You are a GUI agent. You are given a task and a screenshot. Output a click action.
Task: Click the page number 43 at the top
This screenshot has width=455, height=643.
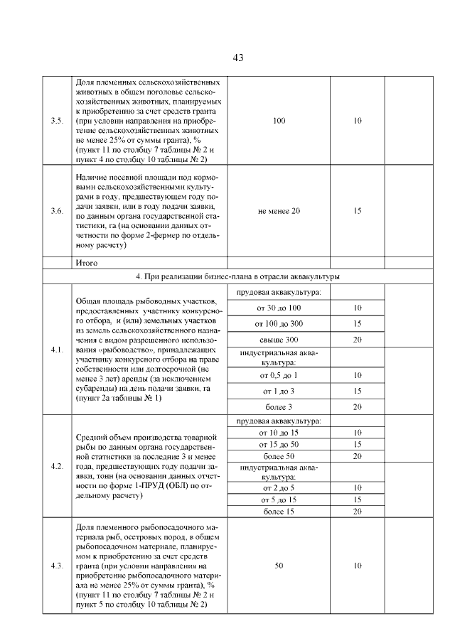[238, 58]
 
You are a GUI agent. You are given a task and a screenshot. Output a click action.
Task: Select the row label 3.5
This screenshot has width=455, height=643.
[58, 121]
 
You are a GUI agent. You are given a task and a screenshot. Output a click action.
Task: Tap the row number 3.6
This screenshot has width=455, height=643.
[58, 211]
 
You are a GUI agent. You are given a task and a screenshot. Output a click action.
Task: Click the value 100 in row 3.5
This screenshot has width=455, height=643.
[279, 121]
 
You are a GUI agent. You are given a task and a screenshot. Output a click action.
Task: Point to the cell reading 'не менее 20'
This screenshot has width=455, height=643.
[279, 211]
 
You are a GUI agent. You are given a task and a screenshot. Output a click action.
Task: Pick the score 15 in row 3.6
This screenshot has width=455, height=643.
[358, 211]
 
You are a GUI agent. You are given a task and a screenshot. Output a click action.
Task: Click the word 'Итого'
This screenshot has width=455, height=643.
[87, 262]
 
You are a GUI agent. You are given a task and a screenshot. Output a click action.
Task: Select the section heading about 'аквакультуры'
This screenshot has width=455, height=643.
[237, 276]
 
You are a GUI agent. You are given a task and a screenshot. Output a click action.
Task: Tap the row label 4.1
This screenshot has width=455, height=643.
[58, 350]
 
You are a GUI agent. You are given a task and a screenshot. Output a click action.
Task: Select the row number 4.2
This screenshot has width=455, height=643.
[58, 466]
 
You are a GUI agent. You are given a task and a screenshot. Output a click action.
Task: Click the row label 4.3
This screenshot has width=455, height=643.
[58, 566]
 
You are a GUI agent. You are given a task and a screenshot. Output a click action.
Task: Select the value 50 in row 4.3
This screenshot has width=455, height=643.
[279, 566]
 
